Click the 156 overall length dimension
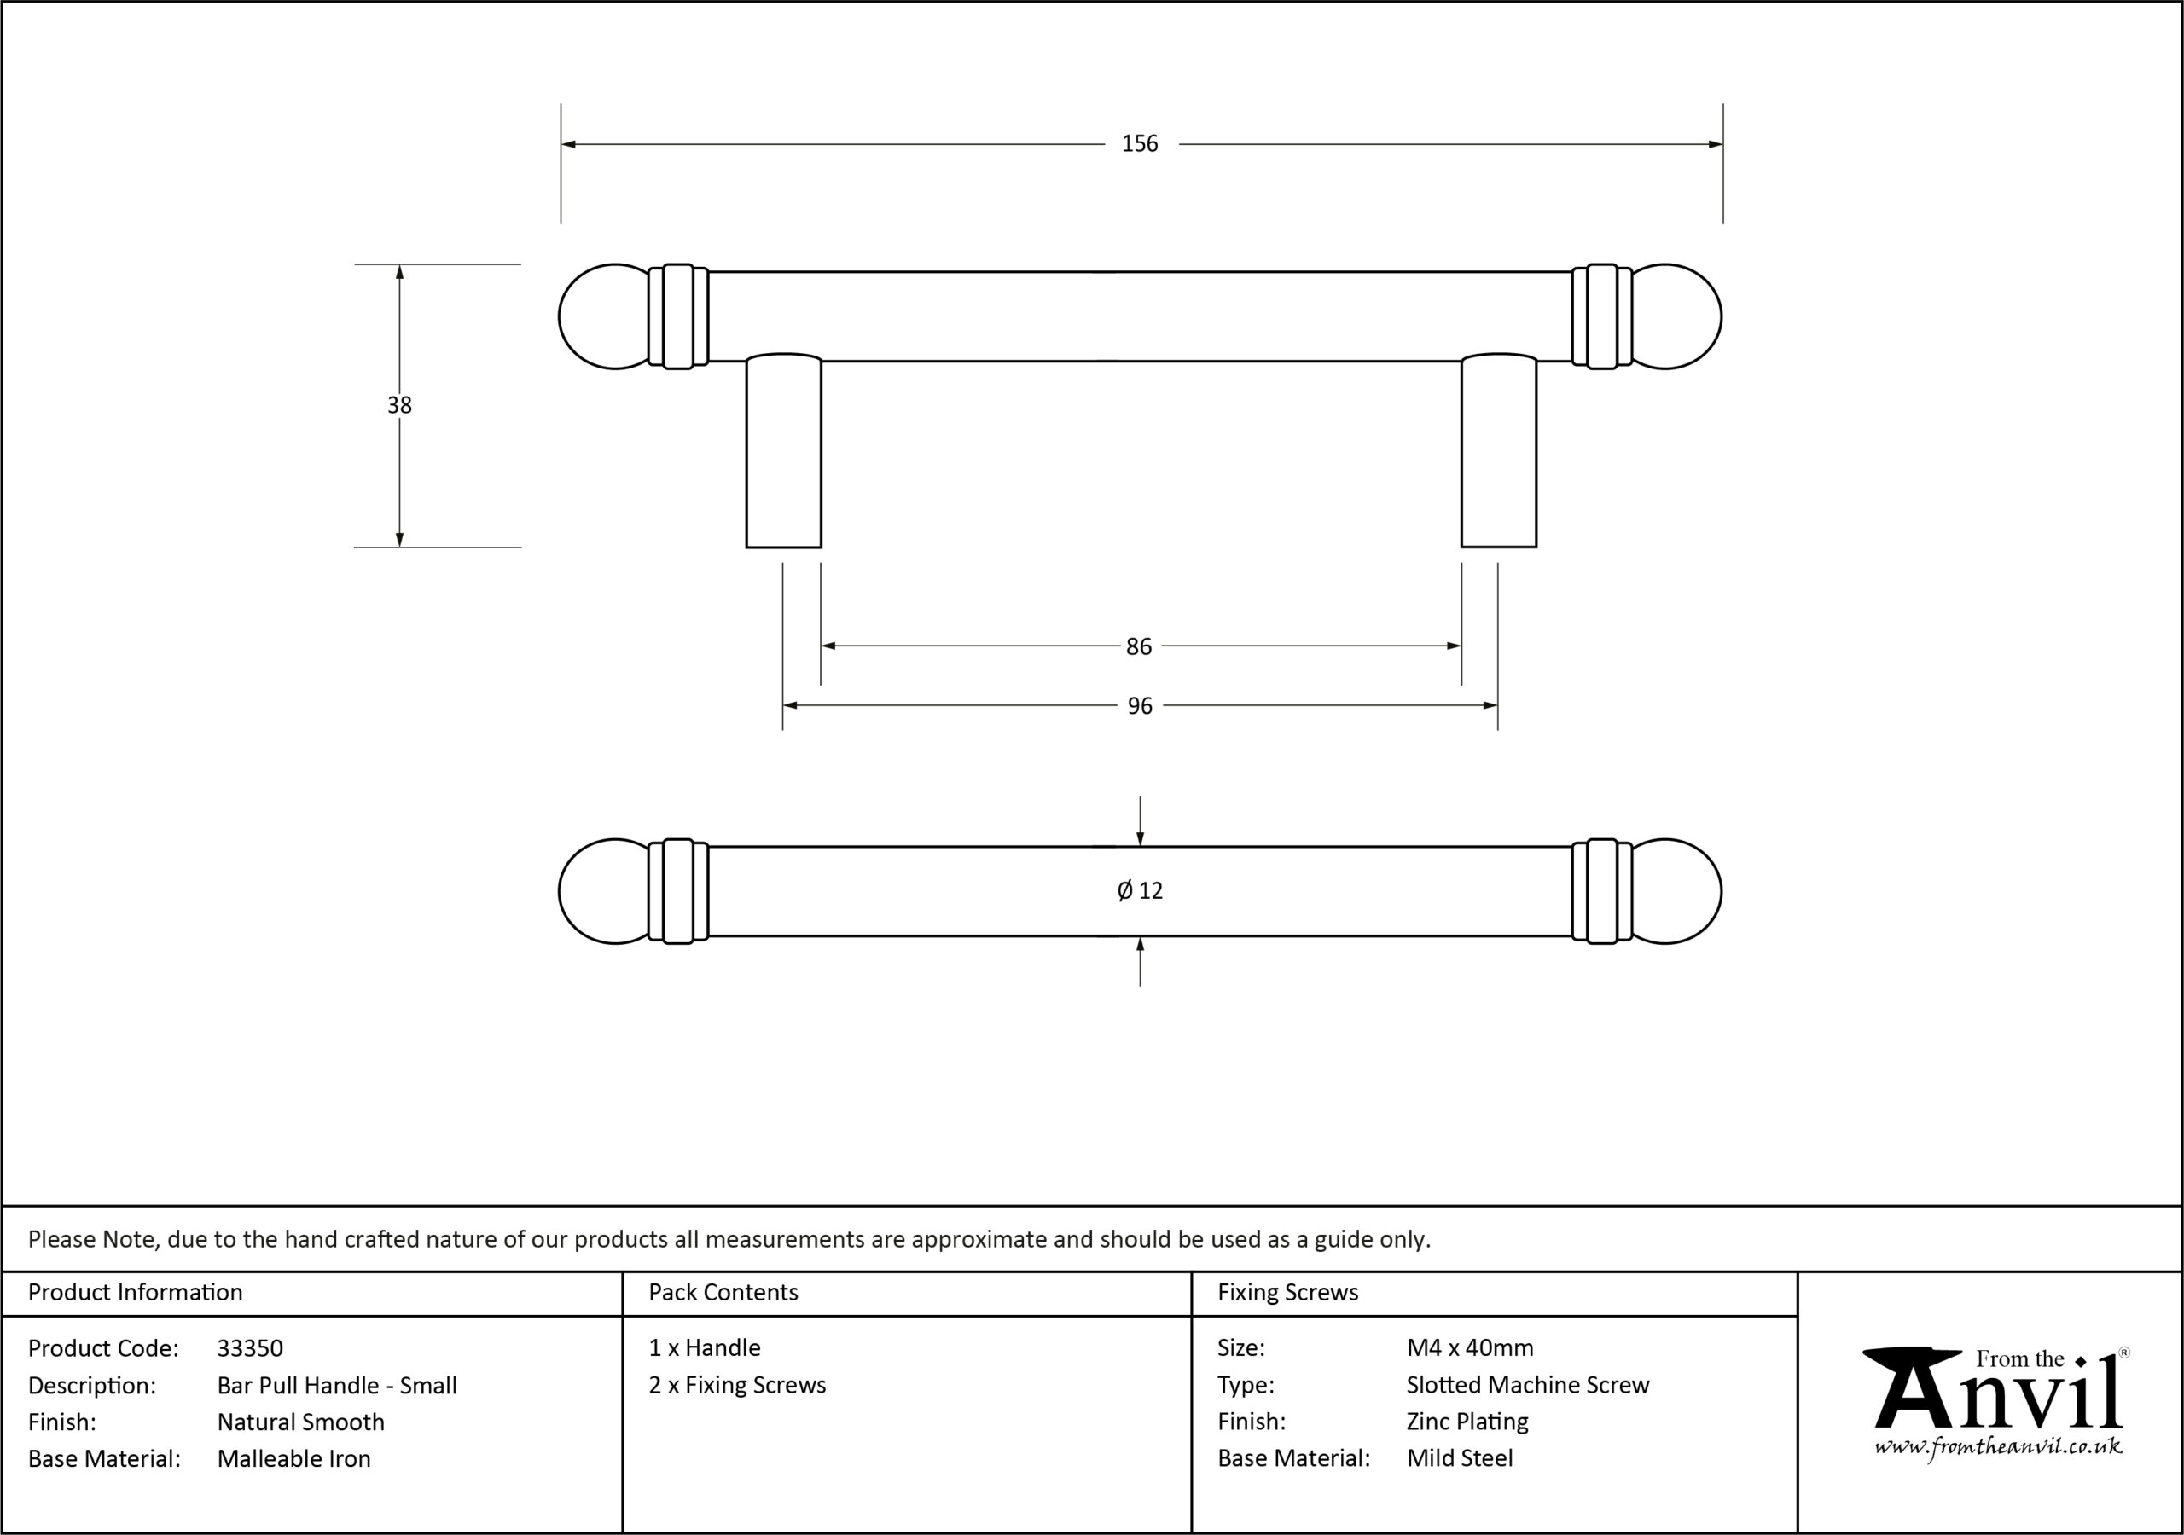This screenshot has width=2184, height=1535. pos(1140,143)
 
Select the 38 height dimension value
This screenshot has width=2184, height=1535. pos(399,405)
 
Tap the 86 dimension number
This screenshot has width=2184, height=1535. pos(1139,646)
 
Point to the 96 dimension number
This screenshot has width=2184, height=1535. pos(1140,706)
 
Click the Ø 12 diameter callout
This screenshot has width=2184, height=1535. pos(1140,890)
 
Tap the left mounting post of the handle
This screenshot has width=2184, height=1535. pos(784,451)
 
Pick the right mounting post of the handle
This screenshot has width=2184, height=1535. pos(1499,451)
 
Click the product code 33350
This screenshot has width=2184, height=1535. pos(250,1347)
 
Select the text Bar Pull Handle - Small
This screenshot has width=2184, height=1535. pos(337,1385)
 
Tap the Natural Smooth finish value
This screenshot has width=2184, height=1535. pos(300,1422)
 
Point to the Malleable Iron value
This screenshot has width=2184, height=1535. pos(294,1458)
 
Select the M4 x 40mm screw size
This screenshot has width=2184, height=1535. pos(1470,1347)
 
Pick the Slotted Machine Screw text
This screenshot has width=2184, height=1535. pos(1528,1385)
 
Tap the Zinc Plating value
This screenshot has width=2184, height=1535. pos(1467,1421)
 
